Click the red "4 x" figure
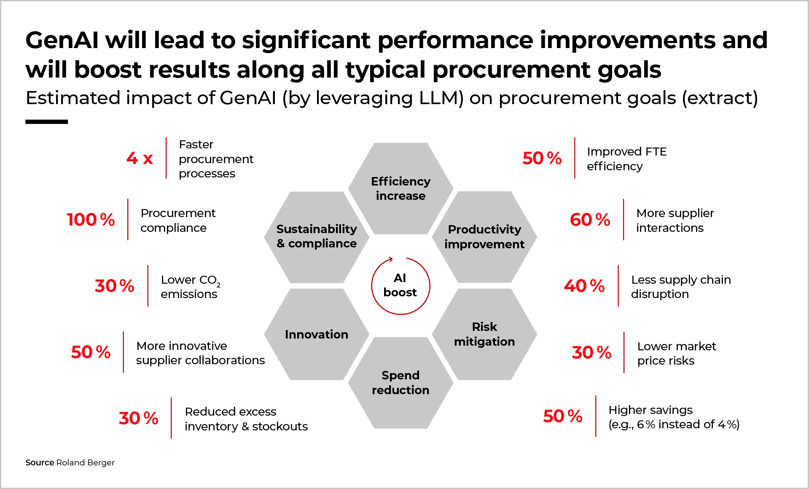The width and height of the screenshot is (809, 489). (140, 159)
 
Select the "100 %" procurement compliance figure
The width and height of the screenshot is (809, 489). (91, 220)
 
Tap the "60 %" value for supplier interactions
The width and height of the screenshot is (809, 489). (590, 220)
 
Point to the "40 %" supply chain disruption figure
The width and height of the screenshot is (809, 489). (584, 286)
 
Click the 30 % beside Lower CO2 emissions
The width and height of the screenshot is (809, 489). (114, 286)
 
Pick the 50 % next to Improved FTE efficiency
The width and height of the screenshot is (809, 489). (542, 159)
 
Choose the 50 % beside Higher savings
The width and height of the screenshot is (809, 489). (562, 416)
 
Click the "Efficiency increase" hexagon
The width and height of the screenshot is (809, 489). (400, 188)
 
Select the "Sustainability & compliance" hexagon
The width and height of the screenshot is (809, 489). (317, 237)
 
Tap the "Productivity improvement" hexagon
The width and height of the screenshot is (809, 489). (484, 237)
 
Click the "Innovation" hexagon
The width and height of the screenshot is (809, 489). (317, 334)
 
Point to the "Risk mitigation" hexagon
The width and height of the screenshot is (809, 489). (484, 334)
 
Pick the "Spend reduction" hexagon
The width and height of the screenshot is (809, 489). (400, 383)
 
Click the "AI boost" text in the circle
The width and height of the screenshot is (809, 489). (400, 285)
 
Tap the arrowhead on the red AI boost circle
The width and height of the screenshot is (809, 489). (391, 259)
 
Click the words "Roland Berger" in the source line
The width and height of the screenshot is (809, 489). (85, 462)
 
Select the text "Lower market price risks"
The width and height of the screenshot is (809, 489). (676, 353)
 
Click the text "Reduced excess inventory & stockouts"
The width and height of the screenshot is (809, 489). (246, 419)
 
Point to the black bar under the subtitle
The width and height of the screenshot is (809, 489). (46, 122)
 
